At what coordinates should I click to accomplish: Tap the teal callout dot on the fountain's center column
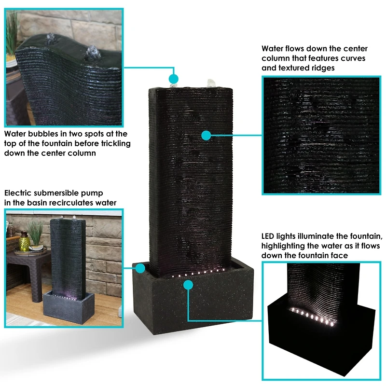pos(206,136)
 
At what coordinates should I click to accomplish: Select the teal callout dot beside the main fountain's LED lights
pos(188,285)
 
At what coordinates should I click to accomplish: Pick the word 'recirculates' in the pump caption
pos(71,203)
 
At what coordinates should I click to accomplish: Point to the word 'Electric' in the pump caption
pos(19,193)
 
